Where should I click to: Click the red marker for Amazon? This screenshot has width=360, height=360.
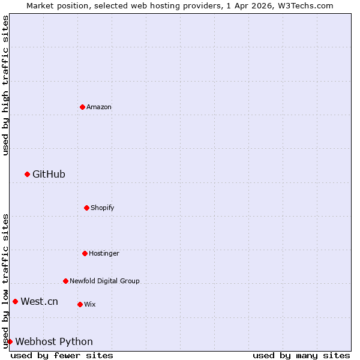point(82,107)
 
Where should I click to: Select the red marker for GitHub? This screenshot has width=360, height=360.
point(27,174)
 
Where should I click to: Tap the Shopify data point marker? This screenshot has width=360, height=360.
point(86,208)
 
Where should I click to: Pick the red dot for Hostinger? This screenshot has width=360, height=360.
point(85,253)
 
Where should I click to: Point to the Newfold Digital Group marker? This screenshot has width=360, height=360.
point(65,281)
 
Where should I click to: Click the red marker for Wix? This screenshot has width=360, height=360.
point(80,304)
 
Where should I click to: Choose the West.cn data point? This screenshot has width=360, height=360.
point(15,301)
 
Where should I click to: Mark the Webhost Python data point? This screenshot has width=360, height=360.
point(10,341)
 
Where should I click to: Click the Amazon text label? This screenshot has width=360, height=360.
point(99,107)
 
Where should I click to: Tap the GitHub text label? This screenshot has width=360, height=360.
point(49,174)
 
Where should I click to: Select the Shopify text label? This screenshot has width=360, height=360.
point(102,208)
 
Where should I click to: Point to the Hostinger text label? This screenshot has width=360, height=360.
point(104,253)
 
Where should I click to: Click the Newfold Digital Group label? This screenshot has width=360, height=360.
point(104,281)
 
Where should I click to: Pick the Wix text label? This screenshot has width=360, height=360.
point(89,304)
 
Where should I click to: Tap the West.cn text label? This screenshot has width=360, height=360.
point(39,301)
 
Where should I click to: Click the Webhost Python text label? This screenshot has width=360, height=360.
point(54,341)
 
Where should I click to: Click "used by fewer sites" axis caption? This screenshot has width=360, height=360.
point(62,355)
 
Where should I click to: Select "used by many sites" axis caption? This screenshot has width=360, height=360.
point(301,355)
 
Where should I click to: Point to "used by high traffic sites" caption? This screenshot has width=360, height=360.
point(5,85)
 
